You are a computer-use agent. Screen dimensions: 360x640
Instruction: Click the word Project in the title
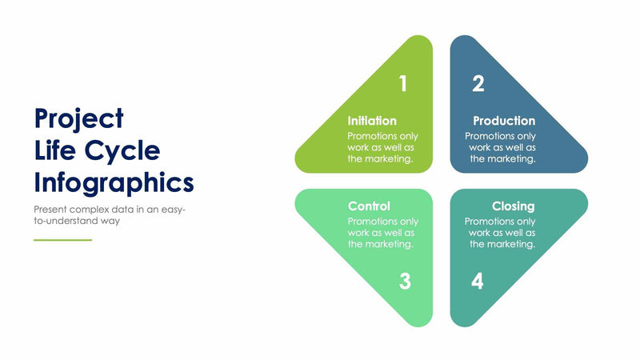[78, 118]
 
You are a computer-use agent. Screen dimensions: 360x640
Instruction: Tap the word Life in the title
[54, 150]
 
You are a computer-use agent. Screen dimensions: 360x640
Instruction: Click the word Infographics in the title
[114, 182]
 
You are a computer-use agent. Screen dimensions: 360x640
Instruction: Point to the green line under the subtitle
[62, 239]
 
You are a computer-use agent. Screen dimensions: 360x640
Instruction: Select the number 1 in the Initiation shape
[402, 83]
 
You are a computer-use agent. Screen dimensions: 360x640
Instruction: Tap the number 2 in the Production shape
[478, 83]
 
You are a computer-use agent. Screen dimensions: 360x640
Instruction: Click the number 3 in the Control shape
[405, 281]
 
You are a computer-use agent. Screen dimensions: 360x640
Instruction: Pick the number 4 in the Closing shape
[477, 281]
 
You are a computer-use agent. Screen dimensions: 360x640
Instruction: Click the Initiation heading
[372, 121]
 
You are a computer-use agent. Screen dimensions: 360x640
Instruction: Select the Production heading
[504, 121]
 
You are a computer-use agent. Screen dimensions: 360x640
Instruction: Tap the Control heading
[369, 206]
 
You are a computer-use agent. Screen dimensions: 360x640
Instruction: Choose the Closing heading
[513, 206]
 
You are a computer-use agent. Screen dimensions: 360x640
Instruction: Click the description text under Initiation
[382, 147]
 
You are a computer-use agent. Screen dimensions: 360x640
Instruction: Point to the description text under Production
[501, 147]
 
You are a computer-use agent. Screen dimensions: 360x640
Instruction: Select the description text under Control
[382, 233]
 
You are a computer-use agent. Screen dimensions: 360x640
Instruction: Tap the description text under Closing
[501, 233]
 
